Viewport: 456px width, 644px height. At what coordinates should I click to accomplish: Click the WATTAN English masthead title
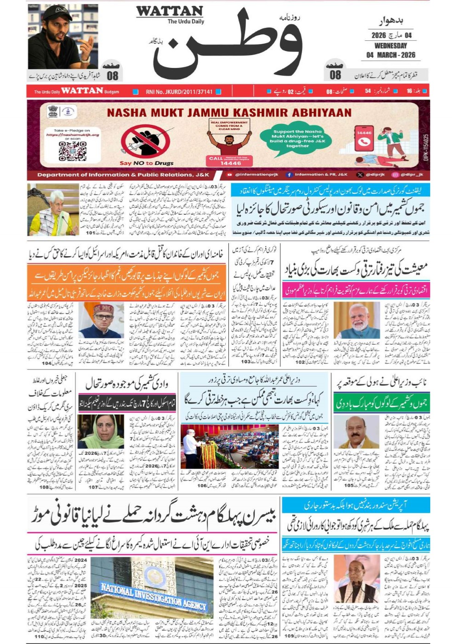pyautogui.click(x=169, y=11)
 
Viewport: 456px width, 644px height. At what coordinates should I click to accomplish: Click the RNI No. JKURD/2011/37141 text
pyautogui.click(x=179, y=92)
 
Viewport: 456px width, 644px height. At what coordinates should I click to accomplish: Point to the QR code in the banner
pyautogui.click(x=73, y=151)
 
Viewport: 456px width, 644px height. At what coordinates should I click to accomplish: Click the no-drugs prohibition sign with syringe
pyautogui.click(x=146, y=142)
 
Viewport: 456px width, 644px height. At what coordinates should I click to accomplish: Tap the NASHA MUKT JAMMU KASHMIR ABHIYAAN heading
pyautogui.click(x=229, y=112)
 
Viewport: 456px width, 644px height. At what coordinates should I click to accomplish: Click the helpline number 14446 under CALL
pyautogui.click(x=230, y=163)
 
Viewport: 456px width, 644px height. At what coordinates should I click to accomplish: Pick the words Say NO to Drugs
pyautogui.click(x=146, y=163)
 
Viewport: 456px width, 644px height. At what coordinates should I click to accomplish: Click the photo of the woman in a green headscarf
pyautogui.click(x=101, y=432)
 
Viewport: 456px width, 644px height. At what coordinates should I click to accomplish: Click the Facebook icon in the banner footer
pyautogui.click(x=289, y=175)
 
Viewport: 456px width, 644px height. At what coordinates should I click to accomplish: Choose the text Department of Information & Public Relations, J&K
pyautogui.click(x=123, y=175)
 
